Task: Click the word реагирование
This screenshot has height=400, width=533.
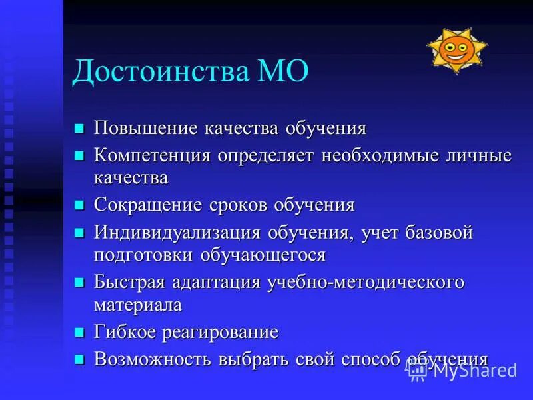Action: [225, 332]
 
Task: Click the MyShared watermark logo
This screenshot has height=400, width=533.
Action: [463, 370]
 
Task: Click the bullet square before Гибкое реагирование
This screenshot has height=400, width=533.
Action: [79, 331]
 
